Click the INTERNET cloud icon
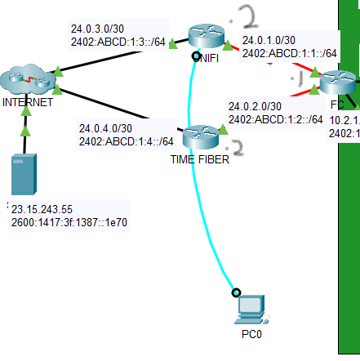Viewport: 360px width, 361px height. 28,81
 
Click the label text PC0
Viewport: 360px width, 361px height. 251,334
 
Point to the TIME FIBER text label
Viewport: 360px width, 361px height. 199,159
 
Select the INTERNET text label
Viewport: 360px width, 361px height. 28,103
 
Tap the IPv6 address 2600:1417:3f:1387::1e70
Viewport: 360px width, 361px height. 71,221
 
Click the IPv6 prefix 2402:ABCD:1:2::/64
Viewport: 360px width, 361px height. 276,119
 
